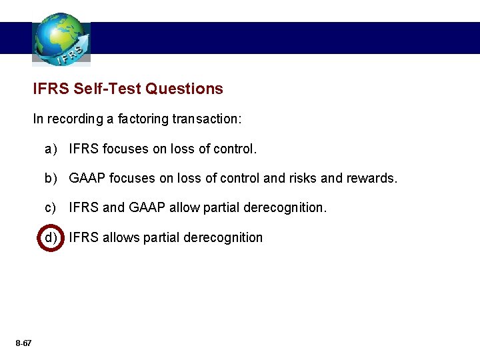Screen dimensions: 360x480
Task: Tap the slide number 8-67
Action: pyautogui.click(x=23, y=343)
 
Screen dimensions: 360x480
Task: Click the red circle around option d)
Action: pyautogui.click(x=51, y=237)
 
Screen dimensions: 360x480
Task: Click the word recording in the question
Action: pyautogui.click(x=71, y=119)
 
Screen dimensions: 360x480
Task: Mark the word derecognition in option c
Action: pyautogui.click(x=285, y=208)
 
